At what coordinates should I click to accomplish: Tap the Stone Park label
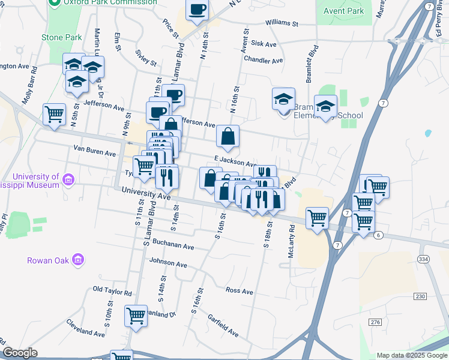coord(61,37)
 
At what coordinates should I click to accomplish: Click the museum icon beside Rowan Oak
coord(77,260)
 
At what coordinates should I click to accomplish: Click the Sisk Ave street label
coord(264,44)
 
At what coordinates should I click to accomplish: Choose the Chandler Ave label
coord(263,61)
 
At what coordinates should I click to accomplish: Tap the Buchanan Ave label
coord(173,246)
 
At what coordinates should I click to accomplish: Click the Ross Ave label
coord(240,291)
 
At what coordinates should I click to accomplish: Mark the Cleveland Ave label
coord(86,332)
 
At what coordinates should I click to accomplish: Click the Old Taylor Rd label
coord(112,292)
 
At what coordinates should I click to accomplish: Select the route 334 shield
coord(424,259)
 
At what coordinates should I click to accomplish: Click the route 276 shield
coord(376,323)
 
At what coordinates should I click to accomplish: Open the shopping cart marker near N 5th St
coord(54,114)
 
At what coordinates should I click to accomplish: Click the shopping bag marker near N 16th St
coord(228,136)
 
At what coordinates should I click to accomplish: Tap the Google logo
coord(20,353)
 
